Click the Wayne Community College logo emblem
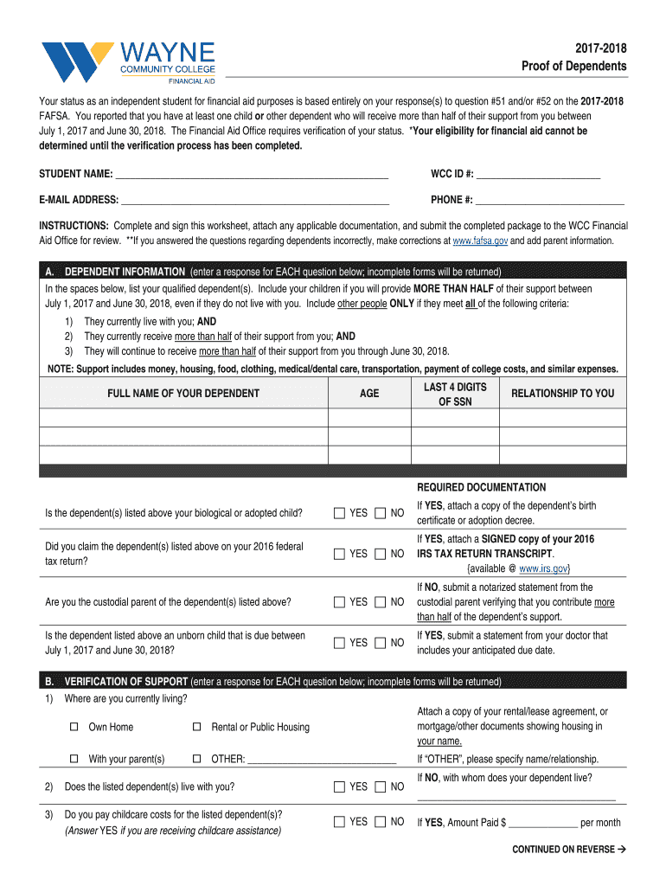[x=76, y=61]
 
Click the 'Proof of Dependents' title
[x=573, y=67]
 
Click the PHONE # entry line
[x=550, y=200]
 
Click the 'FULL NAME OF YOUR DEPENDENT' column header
[x=183, y=394]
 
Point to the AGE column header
[x=369, y=394]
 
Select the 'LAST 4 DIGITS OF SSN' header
[x=455, y=395]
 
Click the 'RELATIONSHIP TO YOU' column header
[x=562, y=394]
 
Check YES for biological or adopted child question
[x=340, y=514]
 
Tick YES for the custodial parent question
[x=340, y=602]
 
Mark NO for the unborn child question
[x=381, y=643]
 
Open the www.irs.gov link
[x=543, y=568]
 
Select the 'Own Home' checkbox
[x=74, y=727]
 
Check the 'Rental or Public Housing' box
[x=196, y=727]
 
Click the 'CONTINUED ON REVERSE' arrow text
[x=568, y=850]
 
